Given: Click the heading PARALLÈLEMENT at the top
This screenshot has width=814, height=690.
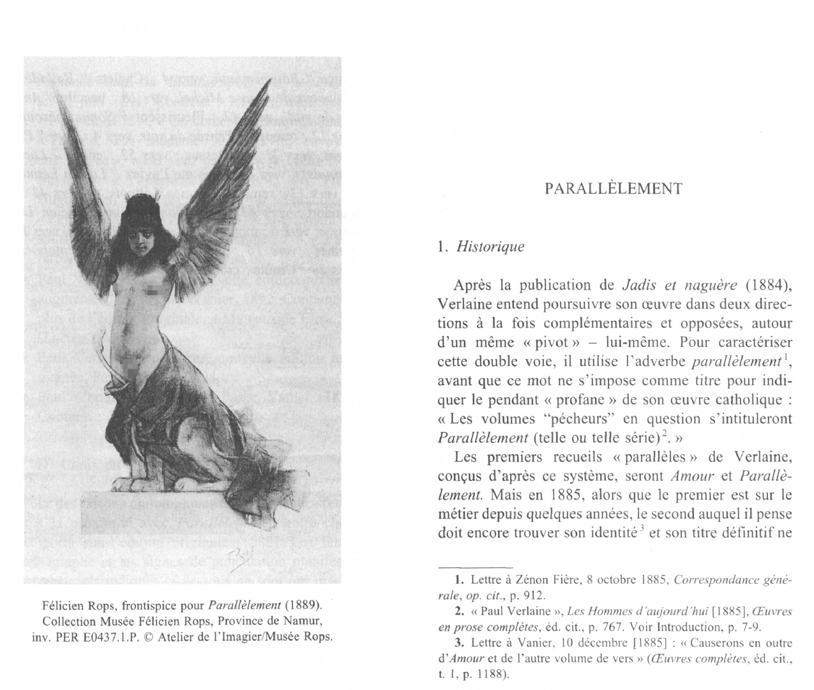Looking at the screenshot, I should [x=613, y=188].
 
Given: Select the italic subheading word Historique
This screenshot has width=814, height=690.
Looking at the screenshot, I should [x=490, y=247].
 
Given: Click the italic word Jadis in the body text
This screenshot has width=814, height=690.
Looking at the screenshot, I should [x=638, y=285].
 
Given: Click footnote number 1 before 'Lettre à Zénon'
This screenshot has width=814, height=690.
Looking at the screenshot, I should [x=458, y=580].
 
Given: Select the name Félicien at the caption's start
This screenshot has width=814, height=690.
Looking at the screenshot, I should [x=62, y=605].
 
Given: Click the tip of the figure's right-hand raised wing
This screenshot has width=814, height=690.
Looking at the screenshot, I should [x=264, y=82].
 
